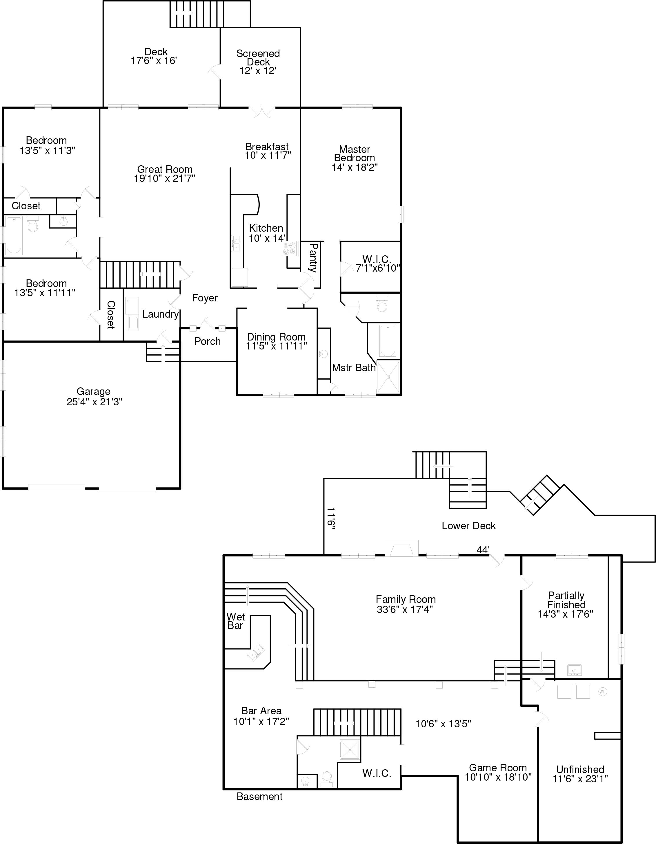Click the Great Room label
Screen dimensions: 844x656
click(165, 170)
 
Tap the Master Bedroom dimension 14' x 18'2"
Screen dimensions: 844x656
click(354, 167)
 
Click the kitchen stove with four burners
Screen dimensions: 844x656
click(290, 248)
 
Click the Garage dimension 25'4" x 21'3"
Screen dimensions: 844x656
click(95, 402)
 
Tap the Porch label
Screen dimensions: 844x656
click(207, 341)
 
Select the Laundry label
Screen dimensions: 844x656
click(160, 314)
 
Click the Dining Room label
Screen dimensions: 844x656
click(276, 337)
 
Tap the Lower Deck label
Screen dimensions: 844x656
click(468, 526)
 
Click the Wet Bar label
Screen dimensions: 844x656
click(236, 621)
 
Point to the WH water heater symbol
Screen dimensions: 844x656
click(602, 691)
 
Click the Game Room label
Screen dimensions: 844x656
click(498, 768)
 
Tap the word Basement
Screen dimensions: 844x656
click(259, 797)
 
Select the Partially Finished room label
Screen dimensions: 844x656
click(566, 600)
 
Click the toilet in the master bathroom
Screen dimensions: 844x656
click(382, 305)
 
